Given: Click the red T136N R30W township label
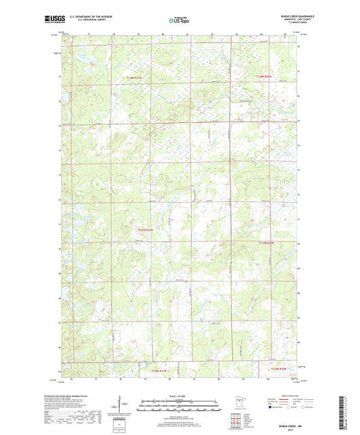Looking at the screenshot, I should point(264,78).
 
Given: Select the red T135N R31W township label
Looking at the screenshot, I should point(146,230).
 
